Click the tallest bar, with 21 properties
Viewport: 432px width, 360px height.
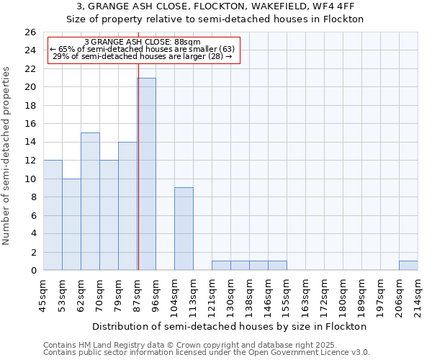coord(146,174)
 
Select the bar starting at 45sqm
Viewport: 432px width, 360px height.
coord(53,215)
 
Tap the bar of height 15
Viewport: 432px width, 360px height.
coord(90,202)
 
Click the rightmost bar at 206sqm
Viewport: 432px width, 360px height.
coord(408,266)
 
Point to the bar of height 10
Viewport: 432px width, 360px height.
coord(71,225)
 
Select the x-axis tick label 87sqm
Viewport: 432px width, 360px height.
coord(138,294)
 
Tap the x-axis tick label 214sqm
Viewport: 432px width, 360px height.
coord(418,294)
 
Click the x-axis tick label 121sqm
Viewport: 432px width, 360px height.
coord(212,294)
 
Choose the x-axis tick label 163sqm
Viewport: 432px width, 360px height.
coord(306,294)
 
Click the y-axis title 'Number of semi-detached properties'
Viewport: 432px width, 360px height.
coord(7,156)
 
